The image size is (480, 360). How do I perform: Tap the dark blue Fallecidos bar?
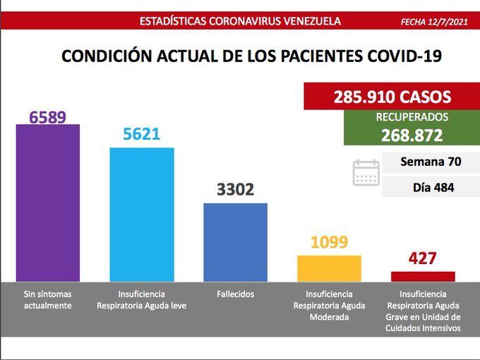[235, 243]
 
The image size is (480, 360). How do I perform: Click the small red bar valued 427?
[423, 277]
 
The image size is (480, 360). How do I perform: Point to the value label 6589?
[47, 116]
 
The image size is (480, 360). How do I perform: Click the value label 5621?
[141, 135]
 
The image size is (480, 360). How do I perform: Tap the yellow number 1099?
[329, 243]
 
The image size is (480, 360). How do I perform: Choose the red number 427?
[423, 259]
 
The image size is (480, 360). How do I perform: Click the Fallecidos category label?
[236, 294]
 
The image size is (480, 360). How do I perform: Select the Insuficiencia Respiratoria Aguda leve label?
[142, 299]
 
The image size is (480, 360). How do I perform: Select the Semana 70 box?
[430, 162]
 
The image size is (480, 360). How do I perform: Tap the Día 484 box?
[430, 188]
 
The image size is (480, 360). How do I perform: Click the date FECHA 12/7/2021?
[433, 22]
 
